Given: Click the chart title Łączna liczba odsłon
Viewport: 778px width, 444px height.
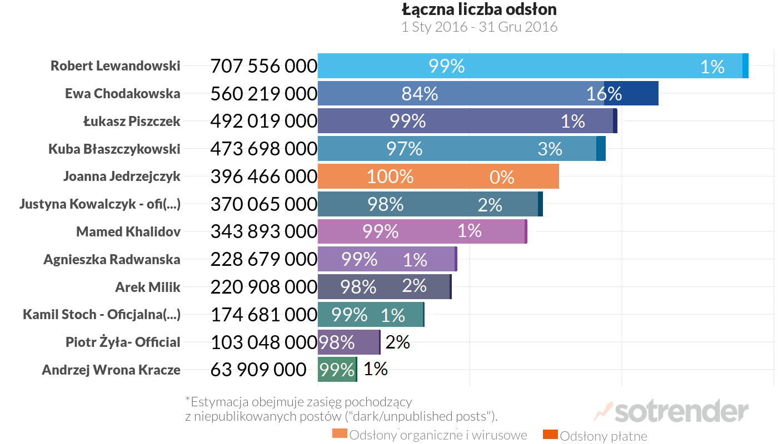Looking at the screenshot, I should pyautogui.click(x=479, y=9).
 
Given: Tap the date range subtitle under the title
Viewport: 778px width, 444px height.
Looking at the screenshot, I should pyautogui.click(x=479, y=27).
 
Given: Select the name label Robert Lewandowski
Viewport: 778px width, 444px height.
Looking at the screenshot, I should pyautogui.click(x=116, y=65).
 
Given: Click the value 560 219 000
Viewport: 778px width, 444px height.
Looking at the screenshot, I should pyautogui.click(x=263, y=94).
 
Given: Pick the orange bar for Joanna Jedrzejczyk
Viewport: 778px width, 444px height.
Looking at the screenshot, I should pyautogui.click(x=438, y=176).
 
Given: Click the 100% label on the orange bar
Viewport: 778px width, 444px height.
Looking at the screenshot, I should pyautogui.click(x=390, y=176).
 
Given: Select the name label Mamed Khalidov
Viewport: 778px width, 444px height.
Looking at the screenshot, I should pyautogui.click(x=128, y=231).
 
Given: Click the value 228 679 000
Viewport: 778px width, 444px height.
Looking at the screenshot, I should pyautogui.click(x=263, y=259).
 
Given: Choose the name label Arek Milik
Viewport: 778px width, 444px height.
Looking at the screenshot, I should pyautogui.click(x=148, y=287).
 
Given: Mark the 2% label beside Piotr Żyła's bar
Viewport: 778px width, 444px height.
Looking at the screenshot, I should pyautogui.click(x=397, y=342).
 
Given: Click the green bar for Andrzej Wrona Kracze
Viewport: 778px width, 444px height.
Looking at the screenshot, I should pyautogui.click(x=337, y=370).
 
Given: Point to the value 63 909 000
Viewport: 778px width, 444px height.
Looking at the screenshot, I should pyautogui.click(x=258, y=370).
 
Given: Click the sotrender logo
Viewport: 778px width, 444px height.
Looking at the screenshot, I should pyautogui.click(x=672, y=412).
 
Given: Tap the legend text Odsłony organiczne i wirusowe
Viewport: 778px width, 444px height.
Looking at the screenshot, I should pyautogui.click(x=438, y=435).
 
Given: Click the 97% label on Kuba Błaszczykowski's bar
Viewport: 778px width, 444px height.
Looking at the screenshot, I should pyautogui.click(x=404, y=149).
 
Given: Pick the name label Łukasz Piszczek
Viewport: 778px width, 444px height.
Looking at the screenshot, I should pyautogui.click(x=132, y=121).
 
